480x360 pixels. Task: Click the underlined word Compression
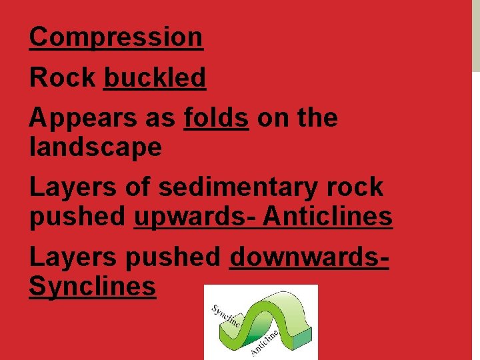click(116, 37)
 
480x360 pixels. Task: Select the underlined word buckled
click(155, 78)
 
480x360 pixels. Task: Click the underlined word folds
click(216, 118)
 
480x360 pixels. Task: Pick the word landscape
click(95, 147)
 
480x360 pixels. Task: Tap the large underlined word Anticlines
click(327, 217)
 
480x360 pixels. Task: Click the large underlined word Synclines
click(93, 287)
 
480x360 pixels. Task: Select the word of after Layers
click(139, 187)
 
